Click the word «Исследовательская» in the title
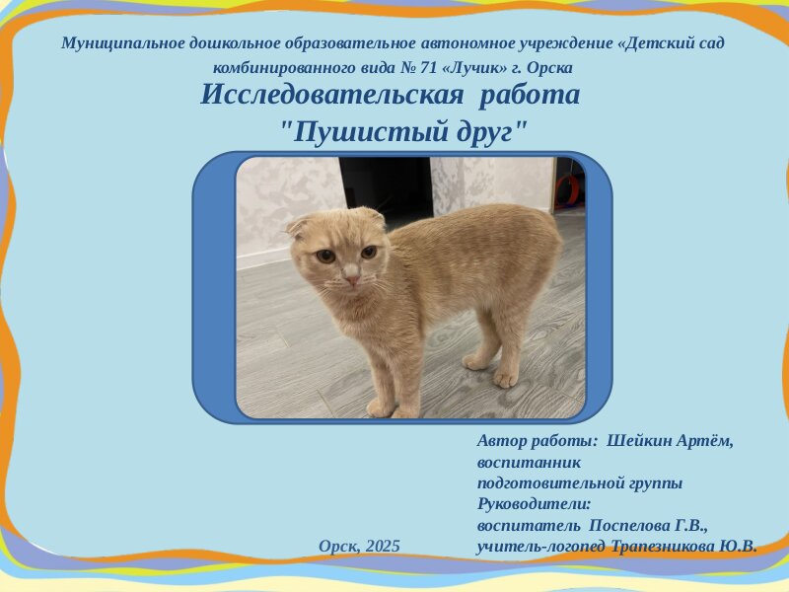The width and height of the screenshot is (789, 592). tap(331, 94)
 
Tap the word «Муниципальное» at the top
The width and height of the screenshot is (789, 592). tap(122, 43)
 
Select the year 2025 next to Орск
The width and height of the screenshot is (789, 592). tap(383, 546)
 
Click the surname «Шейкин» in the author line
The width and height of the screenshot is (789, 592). tap(638, 441)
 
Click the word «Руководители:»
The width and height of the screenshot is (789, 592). tap(534, 504)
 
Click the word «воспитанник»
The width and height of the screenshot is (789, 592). tap(529, 462)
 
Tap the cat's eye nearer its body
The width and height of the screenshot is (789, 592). tap(369, 252)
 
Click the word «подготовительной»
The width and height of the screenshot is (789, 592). tap(551, 483)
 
